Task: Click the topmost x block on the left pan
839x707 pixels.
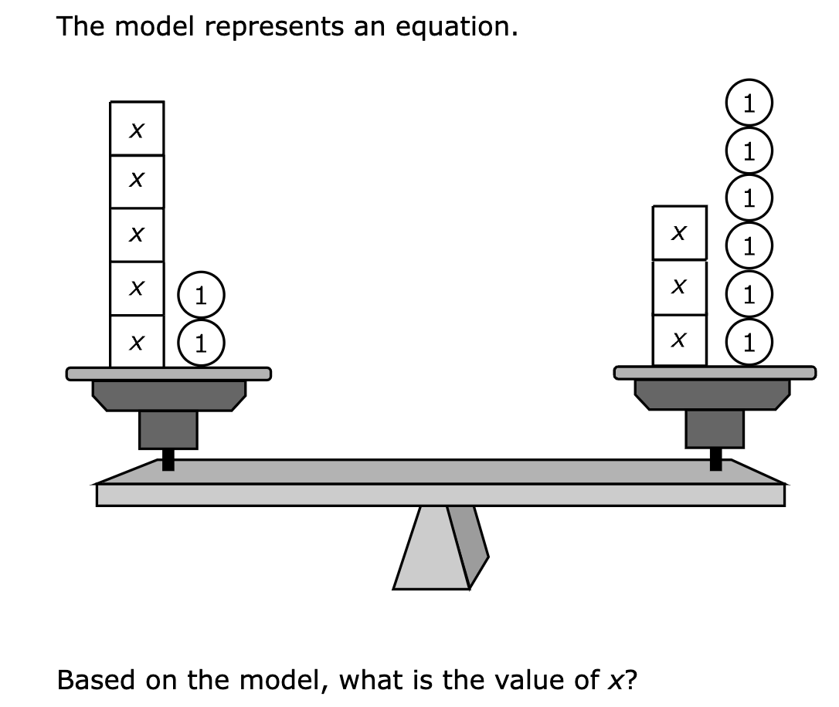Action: tap(137, 128)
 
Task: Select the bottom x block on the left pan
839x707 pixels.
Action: tap(137, 341)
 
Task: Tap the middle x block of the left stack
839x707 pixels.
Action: tap(137, 235)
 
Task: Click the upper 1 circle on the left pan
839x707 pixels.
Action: tap(201, 295)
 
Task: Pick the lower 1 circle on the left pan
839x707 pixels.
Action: tap(201, 341)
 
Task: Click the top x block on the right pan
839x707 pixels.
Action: tap(679, 232)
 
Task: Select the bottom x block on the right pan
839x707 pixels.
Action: tap(679, 340)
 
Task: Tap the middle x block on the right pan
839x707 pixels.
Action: tap(679, 287)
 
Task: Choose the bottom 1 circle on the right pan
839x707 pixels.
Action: tap(748, 342)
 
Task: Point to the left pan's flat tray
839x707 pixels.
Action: tap(168, 374)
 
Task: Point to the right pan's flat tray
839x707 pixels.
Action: tap(715, 373)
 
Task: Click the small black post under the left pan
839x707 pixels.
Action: tap(168, 459)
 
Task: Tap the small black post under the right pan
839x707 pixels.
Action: tap(715, 459)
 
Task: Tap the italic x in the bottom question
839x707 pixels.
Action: tap(610, 682)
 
